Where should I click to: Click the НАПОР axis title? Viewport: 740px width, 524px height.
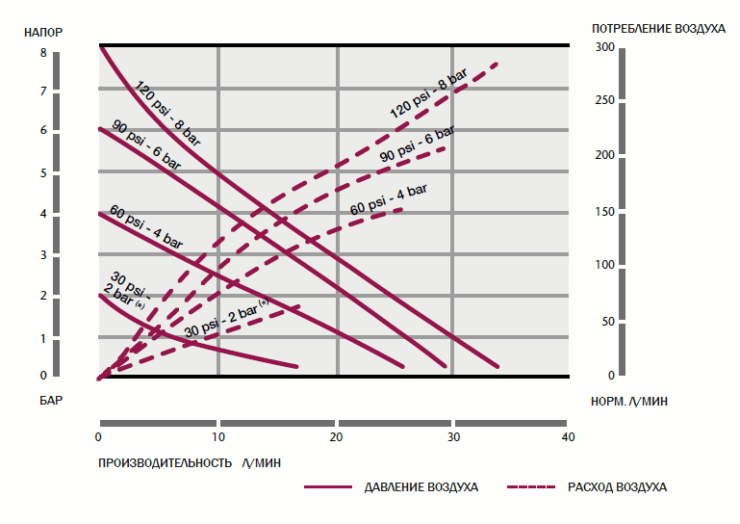click(x=44, y=32)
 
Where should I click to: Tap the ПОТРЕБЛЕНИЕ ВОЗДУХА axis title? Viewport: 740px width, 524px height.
click(x=658, y=29)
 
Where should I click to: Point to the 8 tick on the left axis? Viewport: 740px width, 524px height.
click(x=43, y=53)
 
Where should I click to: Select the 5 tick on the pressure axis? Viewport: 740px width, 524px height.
click(x=43, y=173)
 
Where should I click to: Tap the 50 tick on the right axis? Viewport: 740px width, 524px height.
click(x=605, y=322)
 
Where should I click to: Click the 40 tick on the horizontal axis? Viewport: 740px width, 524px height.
click(x=568, y=437)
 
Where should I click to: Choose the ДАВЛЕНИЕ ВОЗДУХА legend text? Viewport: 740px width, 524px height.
click(x=421, y=486)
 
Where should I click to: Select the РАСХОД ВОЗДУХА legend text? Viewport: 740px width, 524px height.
click(x=617, y=486)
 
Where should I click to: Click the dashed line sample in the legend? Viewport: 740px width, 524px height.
click(x=533, y=486)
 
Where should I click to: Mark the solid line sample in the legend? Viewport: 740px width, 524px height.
click(x=329, y=486)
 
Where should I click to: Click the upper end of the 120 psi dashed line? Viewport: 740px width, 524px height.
click(x=498, y=64)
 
